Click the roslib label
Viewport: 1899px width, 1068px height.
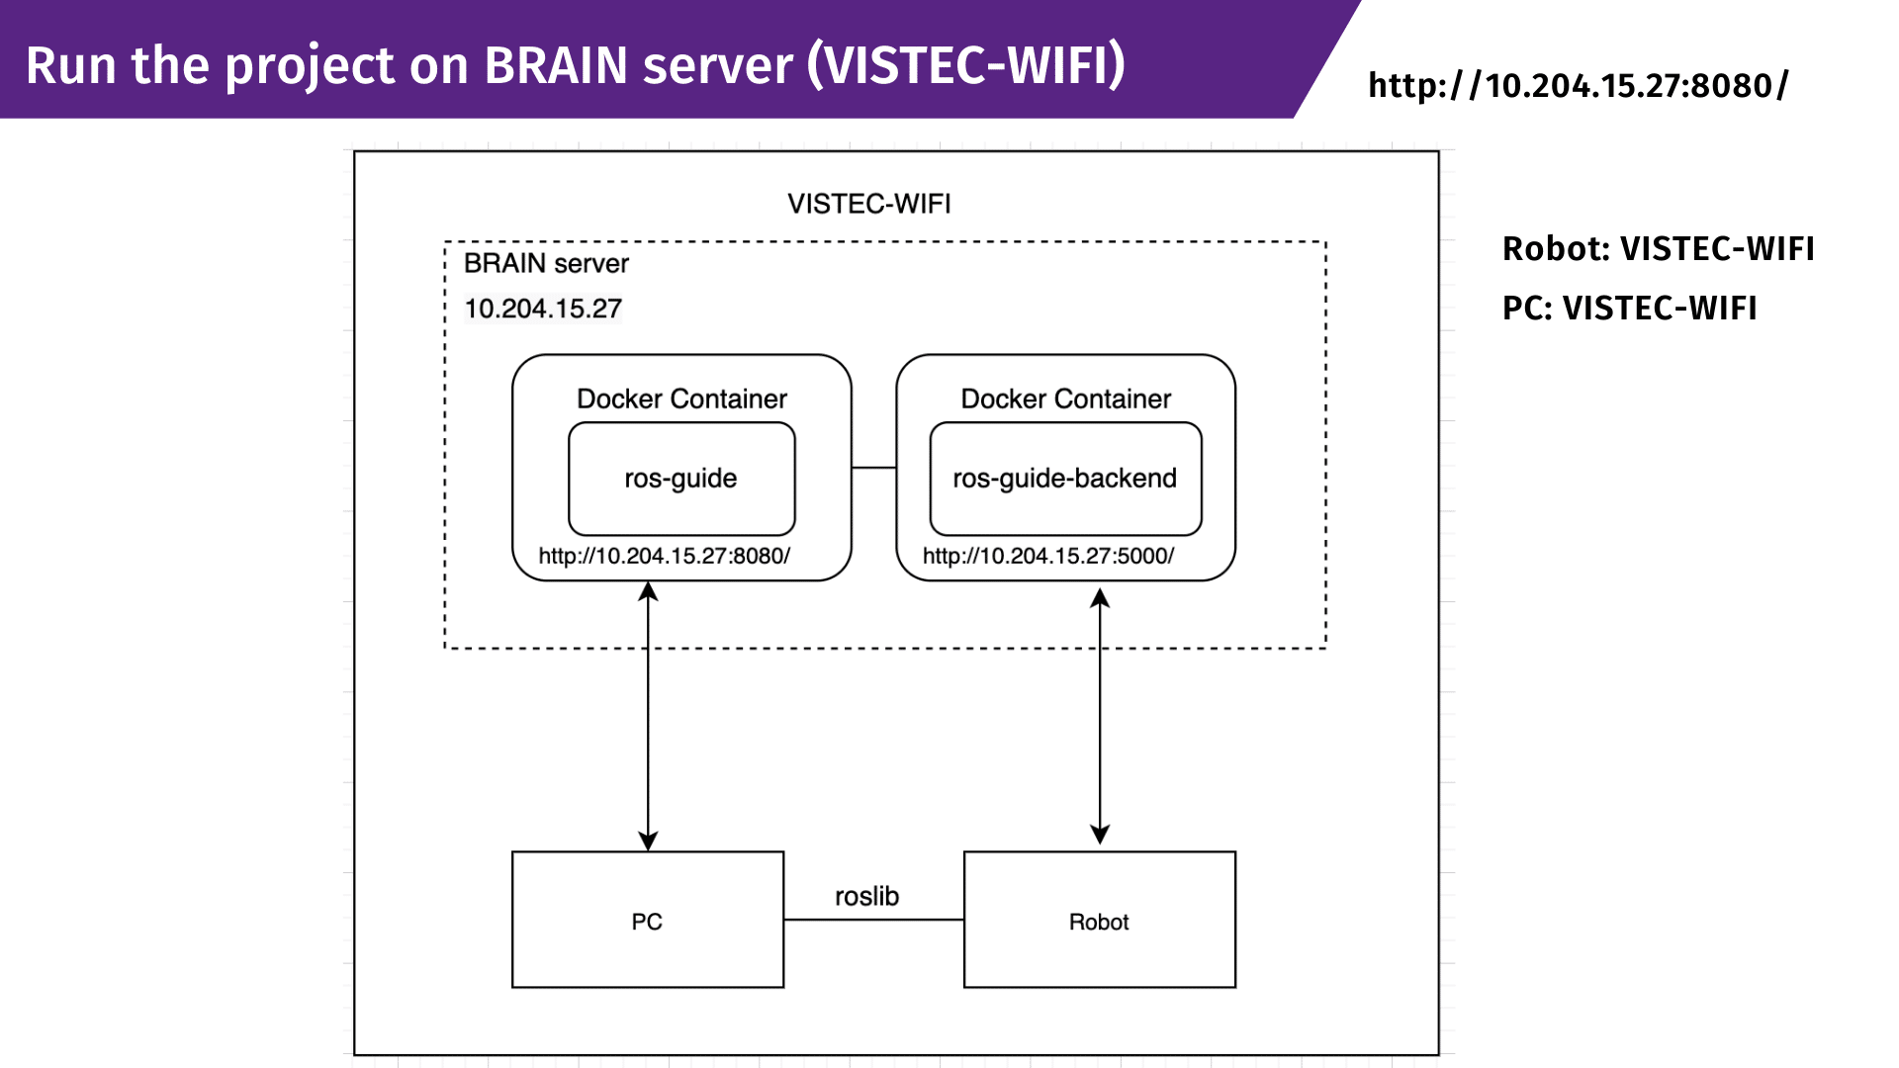pos(866,896)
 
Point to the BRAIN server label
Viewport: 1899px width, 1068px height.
pos(546,263)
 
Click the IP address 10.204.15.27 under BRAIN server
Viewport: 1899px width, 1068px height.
pos(543,309)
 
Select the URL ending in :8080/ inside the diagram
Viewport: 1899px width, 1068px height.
pos(665,556)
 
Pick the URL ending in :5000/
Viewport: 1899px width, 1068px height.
pos(1048,556)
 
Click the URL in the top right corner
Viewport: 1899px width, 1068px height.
pos(1579,86)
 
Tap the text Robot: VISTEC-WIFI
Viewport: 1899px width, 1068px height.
pos(1659,248)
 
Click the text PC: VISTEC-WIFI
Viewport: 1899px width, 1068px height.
pos(1630,308)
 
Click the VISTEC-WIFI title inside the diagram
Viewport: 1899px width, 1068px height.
pos(869,204)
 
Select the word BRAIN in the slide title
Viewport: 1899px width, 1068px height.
pos(556,65)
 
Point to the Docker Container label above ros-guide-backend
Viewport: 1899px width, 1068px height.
pos(1066,399)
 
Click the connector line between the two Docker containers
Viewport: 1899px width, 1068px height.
pos(874,468)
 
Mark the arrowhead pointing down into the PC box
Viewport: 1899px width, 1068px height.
pos(648,841)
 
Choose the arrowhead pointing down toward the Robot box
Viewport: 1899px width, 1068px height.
pos(1100,834)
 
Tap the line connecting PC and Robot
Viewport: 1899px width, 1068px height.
pos(874,920)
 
